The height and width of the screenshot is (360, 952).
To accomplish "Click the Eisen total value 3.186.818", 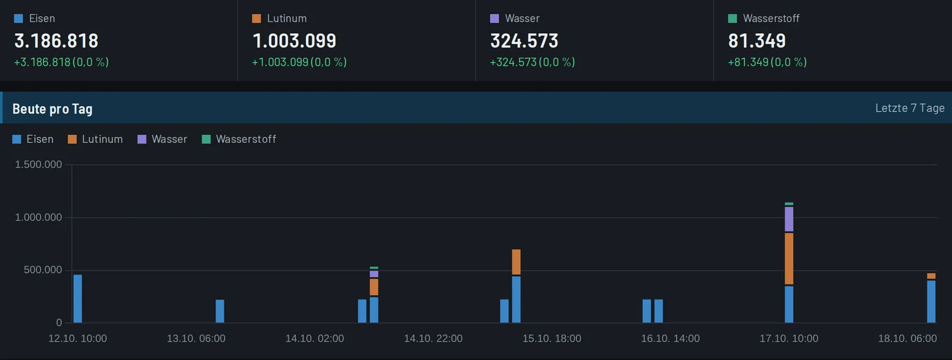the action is pos(56,41).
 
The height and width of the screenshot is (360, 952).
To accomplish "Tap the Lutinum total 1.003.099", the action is pos(294,41).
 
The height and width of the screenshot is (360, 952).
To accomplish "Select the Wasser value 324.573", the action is pos(524,41).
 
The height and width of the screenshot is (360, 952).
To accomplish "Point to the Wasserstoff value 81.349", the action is pos(757,41).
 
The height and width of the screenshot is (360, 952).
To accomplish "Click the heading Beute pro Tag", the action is pos(52,109).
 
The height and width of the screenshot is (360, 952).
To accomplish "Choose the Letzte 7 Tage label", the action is pos(910,108).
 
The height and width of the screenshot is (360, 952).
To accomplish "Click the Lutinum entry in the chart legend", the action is pos(96,139).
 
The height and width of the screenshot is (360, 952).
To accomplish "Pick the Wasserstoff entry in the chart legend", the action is pos(239,139).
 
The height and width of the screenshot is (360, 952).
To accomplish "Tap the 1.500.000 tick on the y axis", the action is pos(38,164).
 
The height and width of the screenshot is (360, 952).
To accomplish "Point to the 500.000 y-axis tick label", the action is pos(43,270).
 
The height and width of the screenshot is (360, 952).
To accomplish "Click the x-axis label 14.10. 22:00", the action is pos(433,339).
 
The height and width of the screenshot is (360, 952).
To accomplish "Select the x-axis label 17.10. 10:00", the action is pos(789,339).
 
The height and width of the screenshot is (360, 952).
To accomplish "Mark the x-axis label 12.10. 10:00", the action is pos(77,339).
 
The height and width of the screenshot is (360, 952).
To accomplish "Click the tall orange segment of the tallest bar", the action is pos(789,258).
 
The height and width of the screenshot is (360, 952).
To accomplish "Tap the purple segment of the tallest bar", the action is pos(789,219).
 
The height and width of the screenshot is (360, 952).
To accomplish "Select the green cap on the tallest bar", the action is pos(789,204).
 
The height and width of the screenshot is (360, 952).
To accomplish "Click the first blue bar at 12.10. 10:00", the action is pos(78,298).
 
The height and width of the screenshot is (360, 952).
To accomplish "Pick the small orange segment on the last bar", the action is pos(931,276).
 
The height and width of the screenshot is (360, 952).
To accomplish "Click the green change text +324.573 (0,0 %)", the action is pos(533,62).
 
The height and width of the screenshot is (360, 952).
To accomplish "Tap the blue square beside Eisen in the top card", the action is pos(18,18).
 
